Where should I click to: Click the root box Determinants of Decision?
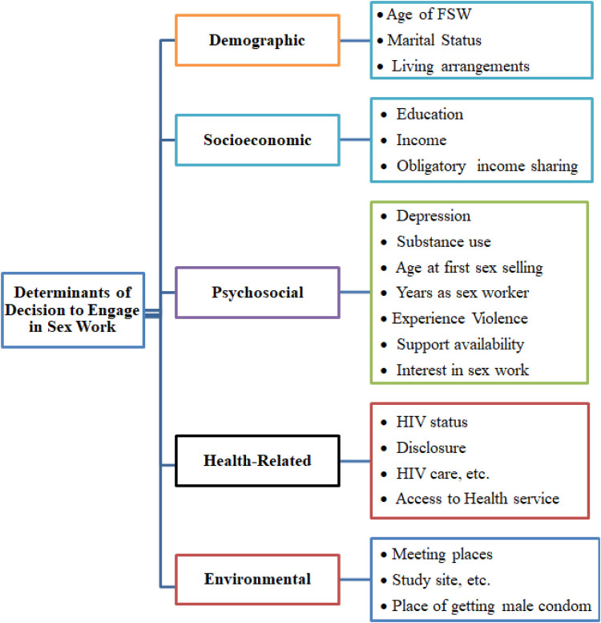(x=73, y=309)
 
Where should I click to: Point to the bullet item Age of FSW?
(x=425, y=14)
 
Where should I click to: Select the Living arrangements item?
(x=461, y=66)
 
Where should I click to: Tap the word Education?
(x=430, y=115)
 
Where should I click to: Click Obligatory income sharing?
(x=486, y=166)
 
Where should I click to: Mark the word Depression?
(x=434, y=216)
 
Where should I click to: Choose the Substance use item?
(x=444, y=241)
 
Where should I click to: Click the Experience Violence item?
(x=460, y=318)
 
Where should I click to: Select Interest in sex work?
(x=462, y=370)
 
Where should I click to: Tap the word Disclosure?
(x=430, y=447)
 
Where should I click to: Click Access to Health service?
(x=477, y=499)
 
